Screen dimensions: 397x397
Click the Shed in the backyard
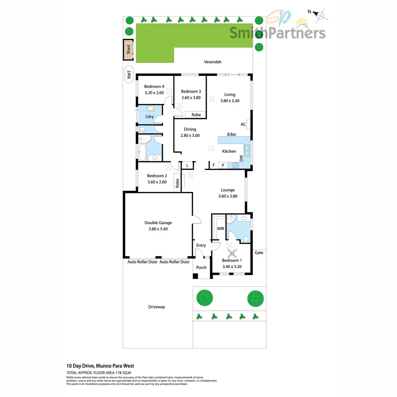(128, 49)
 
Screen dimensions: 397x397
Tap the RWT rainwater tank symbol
(129, 75)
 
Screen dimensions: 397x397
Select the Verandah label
(213, 62)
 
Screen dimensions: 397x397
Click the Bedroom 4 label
(154, 87)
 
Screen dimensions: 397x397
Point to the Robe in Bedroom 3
(196, 115)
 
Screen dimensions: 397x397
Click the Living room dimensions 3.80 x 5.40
(230, 100)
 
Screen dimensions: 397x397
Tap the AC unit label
(243, 124)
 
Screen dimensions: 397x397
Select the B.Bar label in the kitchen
(231, 135)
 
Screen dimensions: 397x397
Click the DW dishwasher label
(241, 158)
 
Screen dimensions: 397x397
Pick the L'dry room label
(149, 117)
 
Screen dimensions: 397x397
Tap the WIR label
(221, 229)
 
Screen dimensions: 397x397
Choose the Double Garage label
(158, 223)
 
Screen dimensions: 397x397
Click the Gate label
(259, 253)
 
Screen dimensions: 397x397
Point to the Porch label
(201, 267)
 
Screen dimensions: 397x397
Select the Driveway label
(157, 307)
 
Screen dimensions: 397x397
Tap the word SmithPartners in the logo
(278, 33)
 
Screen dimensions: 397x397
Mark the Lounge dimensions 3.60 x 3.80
(228, 196)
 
